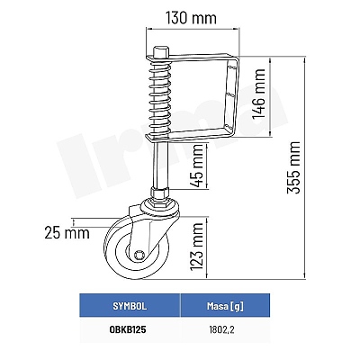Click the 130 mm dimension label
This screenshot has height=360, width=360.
[191, 18]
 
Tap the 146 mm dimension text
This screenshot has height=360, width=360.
[258, 94]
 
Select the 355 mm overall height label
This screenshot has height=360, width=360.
[293, 167]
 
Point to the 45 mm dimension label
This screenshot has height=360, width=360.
[198, 166]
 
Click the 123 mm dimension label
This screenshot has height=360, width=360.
[197, 246]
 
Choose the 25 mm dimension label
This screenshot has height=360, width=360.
[67, 232]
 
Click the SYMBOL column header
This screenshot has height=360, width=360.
[130, 306]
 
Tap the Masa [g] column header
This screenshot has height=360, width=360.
[225, 306]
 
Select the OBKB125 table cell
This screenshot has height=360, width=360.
[128, 329]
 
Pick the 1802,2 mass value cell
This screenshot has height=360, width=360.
[221, 330]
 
